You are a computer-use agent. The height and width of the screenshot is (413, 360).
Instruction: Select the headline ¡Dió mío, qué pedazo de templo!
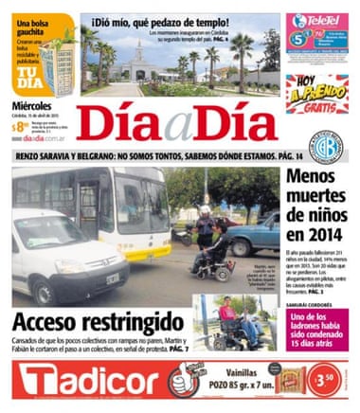161,21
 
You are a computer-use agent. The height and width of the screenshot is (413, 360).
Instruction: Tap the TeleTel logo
317,18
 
